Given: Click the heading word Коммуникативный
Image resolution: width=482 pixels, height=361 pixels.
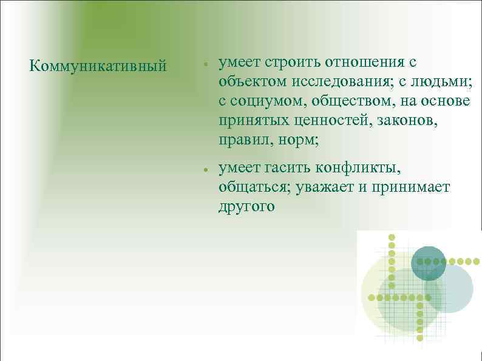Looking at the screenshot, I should click(x=98, y=65).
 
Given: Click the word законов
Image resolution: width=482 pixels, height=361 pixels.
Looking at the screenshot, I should click(x=411, y=121).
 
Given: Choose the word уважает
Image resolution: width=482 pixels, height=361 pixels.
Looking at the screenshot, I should click(x=325, y=187).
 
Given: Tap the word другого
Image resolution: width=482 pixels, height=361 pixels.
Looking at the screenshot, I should click(x=247, y=207).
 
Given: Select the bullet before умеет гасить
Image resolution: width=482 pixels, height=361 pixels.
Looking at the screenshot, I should click(x=207, y=169).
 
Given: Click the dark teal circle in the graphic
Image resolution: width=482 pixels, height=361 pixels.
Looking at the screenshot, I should click(x=429, y=263).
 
